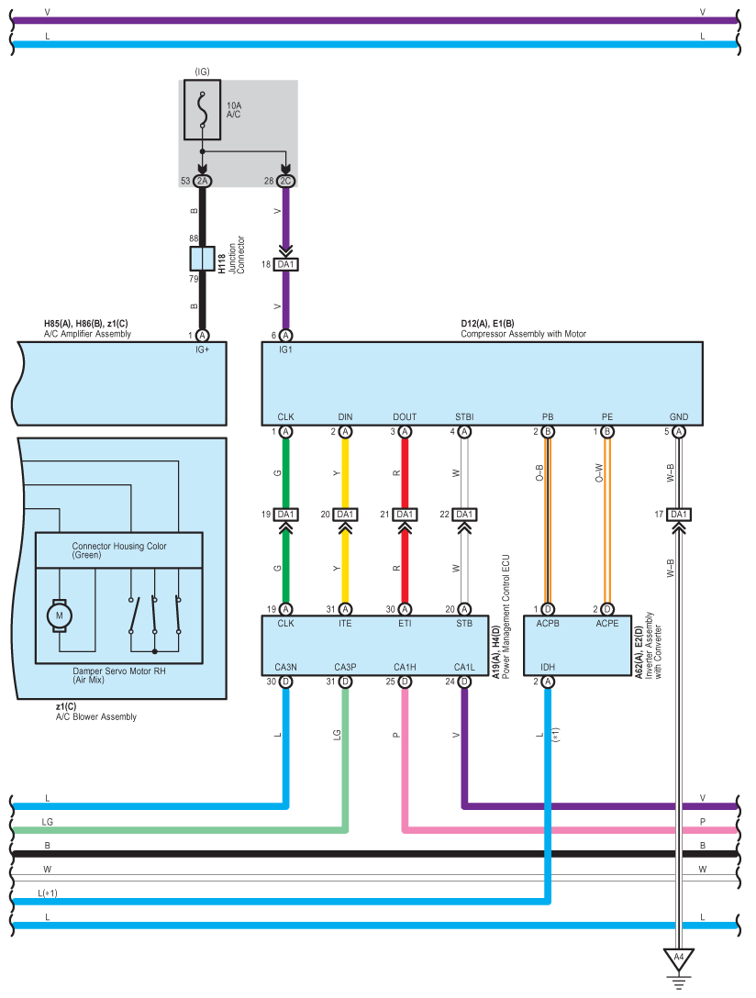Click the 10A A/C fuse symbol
203,109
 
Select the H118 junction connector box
203,259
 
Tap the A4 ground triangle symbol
679,959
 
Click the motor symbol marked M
60,615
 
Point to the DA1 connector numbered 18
285,264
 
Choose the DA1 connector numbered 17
679,515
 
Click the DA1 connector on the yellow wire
345,515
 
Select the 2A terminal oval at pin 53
203,181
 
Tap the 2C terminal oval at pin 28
285,181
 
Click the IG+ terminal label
203,349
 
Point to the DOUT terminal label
405,416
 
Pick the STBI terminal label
464,416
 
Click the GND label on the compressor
679,416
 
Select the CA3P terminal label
345,667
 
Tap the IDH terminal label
548,667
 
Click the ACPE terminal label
607,623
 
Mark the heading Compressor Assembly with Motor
524,334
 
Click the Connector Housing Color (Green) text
119,550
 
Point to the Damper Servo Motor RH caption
119,671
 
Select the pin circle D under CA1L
464,682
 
